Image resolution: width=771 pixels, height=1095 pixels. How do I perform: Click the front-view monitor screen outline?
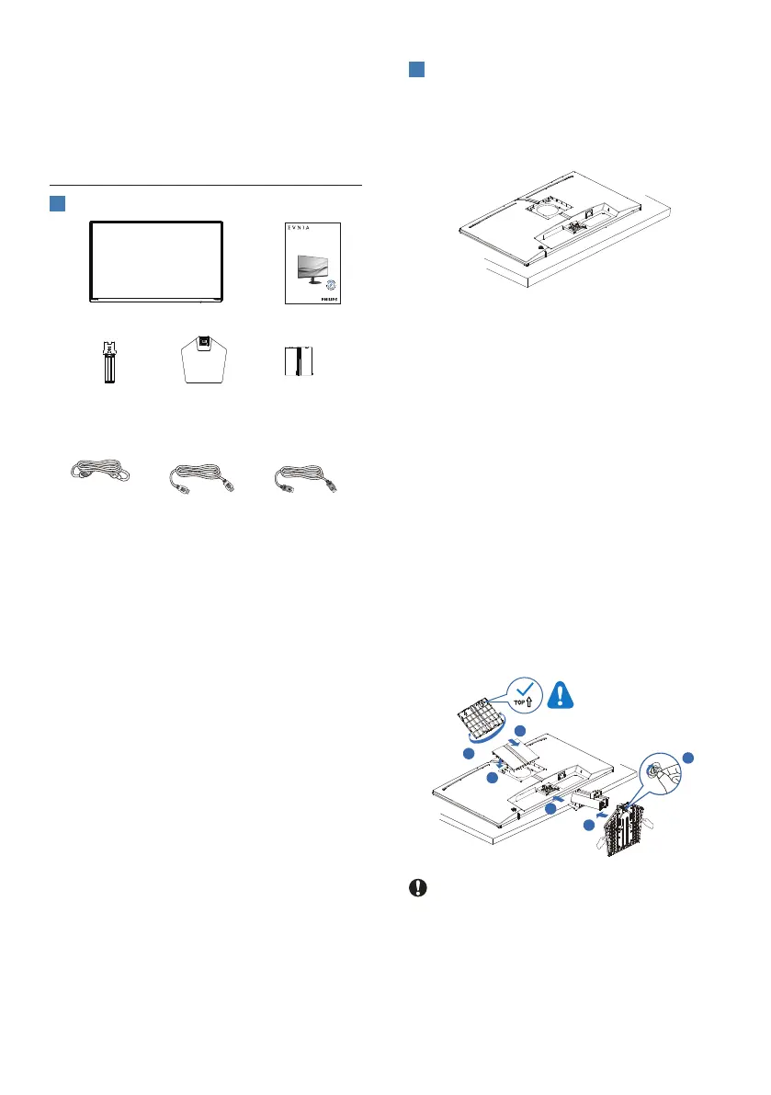point(157,261)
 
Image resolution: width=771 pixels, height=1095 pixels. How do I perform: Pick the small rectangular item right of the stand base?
point(300,360)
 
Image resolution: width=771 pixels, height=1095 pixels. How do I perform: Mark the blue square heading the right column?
point(416,71)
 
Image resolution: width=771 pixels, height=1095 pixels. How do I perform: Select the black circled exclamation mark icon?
point(417,889)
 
